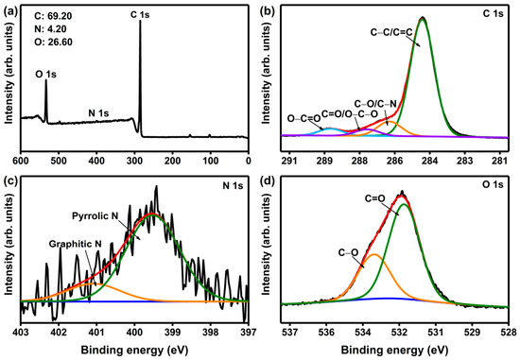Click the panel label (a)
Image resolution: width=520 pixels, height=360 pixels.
point(9,12)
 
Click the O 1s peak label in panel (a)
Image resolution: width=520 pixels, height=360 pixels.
point(45,75)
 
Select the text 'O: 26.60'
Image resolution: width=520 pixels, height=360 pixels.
point(53,43)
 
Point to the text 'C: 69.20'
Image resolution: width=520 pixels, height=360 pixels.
point(53,16)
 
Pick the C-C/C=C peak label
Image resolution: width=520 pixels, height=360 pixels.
point(391,32)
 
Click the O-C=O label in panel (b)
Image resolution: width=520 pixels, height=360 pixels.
point(303,118)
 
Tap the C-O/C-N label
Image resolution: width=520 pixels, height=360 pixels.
point(375,105)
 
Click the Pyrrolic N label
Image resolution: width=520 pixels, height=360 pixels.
point(95,216)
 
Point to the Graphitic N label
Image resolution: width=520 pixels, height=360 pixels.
point(76,244)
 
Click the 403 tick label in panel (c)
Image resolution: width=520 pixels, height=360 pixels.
point(21,333)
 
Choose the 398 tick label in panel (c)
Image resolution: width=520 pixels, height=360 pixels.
point(210,333)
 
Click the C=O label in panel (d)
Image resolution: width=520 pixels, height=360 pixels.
point(374,198)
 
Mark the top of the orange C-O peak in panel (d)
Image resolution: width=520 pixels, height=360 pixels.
point(374,254)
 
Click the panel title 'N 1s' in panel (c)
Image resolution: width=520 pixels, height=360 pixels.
point(233,185)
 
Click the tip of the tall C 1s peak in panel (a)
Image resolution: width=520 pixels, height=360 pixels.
point(140,21)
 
